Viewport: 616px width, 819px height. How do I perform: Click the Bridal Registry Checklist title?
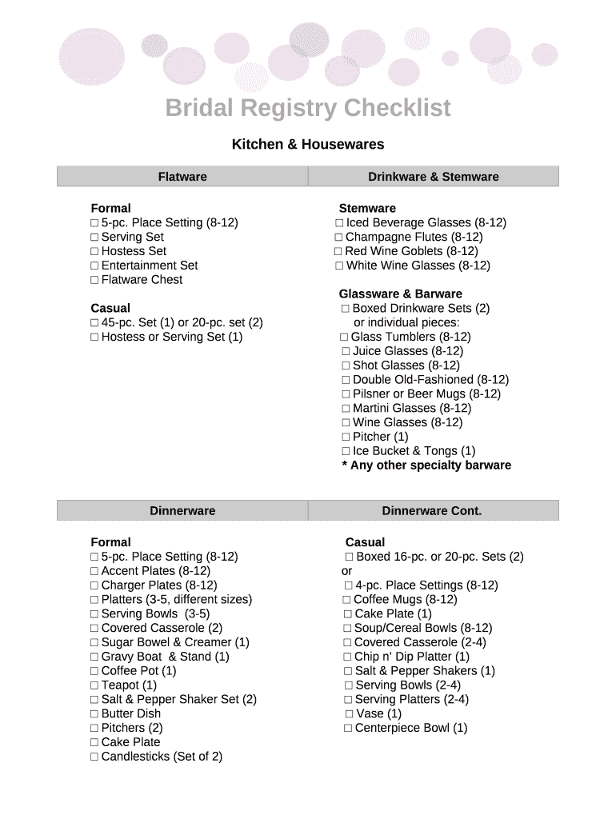coord(308,108)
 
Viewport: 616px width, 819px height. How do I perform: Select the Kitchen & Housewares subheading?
coord(308,145)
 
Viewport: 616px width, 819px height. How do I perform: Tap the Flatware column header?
coord(182,177)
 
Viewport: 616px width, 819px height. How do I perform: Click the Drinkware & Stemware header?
coord(433,177)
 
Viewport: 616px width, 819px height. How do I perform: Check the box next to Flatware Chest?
coord(94,280)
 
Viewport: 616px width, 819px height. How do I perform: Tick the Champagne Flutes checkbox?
coord(339,238)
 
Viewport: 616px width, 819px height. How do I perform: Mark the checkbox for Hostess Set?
coord(94,251)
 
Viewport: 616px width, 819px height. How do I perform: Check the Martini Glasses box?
coord(346,409)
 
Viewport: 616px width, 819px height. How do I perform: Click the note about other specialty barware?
coord(426,465)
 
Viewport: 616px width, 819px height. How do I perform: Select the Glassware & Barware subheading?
coord(400,294)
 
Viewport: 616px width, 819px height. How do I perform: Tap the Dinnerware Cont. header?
coord(432,510)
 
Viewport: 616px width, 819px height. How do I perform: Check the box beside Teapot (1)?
coord(94,685)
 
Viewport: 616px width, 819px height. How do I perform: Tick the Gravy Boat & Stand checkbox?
coord(94,657)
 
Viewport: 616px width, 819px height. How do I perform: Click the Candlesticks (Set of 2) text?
coord(162,757)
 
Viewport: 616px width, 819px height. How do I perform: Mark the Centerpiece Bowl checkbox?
coord(348,728)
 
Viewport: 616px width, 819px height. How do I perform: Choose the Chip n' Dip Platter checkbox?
coord(348,657)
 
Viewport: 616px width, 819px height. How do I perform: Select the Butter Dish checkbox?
coord(94,714)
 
